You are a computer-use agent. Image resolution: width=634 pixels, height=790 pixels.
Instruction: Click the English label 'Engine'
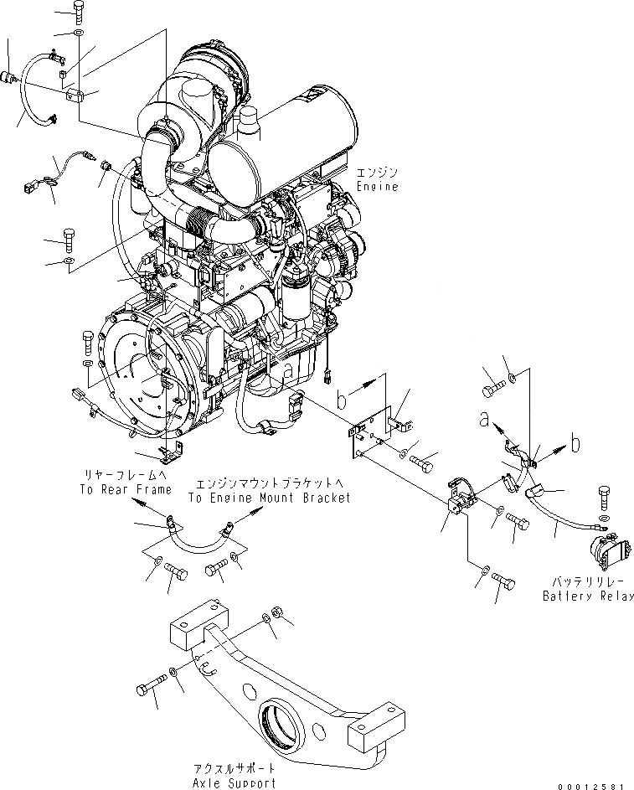coord(376,187)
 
